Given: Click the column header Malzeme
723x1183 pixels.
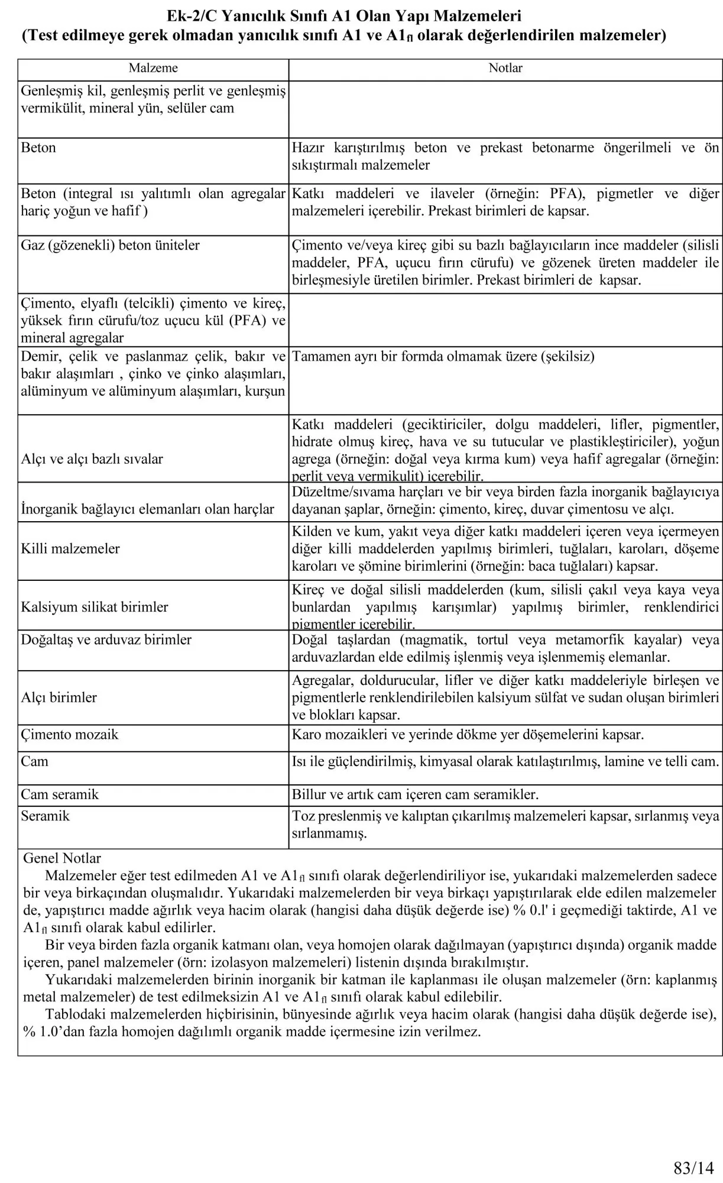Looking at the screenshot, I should coord(153,68).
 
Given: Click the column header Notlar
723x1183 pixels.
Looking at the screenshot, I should coord(505,68).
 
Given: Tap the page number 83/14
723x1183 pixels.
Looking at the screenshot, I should coord(693,1151).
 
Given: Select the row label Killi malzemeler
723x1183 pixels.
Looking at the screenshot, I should coord(70,548).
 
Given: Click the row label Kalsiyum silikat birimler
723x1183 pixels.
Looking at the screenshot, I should coord(95,607).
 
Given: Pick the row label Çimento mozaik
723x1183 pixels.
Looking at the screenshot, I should coord(70,735).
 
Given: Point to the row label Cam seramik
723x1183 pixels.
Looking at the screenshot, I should coord(60,794).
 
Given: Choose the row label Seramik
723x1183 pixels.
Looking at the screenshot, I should coord(46,816).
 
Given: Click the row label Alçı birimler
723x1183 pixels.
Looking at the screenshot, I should coord(59,697).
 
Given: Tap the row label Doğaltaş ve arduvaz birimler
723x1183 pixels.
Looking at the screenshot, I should coord(106,640).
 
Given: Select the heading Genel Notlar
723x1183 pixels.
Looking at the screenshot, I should coord(62,858).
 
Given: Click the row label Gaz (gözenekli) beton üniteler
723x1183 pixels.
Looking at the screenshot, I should coord(111,245).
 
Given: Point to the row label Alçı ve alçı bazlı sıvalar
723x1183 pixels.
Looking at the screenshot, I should coord(92,459).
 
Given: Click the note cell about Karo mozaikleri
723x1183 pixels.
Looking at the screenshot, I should coord(468,735).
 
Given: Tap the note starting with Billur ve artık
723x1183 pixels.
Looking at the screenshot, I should coord(415,794).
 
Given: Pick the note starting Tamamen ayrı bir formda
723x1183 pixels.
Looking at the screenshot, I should coord(443,357).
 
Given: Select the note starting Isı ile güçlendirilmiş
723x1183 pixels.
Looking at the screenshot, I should coord(505,761).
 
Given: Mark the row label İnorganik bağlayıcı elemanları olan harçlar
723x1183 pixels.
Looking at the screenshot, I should coord(148,509).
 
